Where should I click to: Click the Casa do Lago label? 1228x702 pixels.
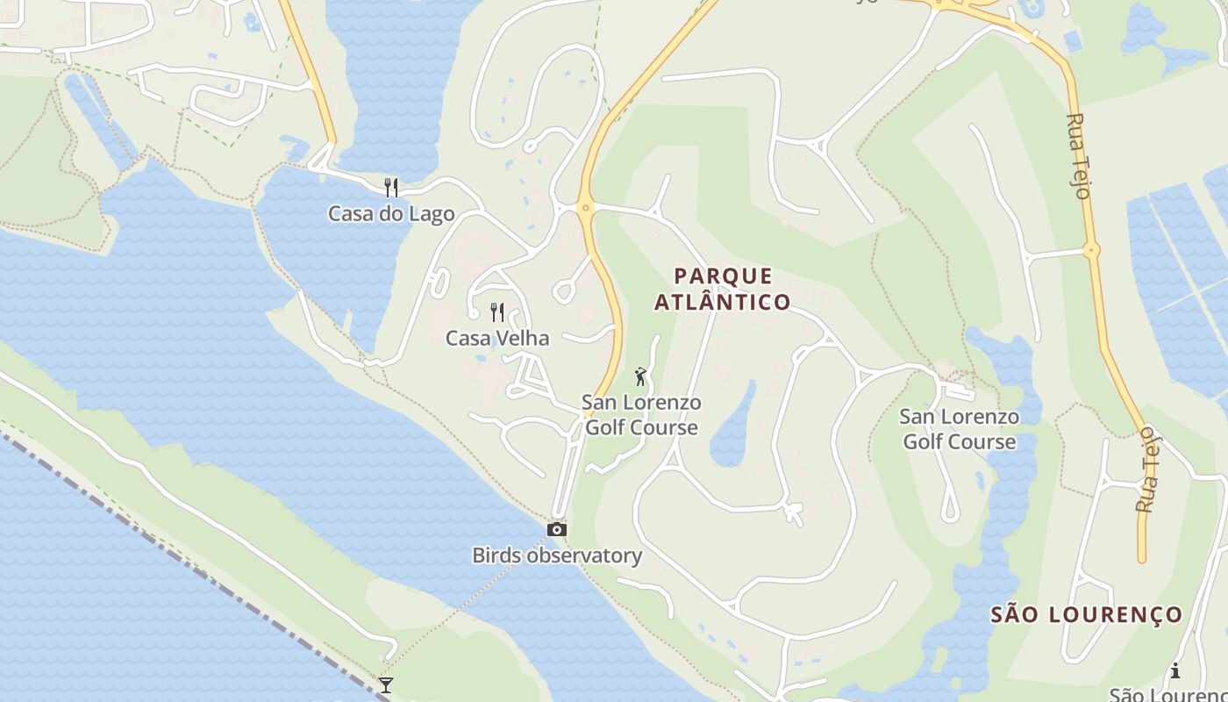point(391,213)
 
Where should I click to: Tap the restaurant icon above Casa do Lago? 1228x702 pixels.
point(391,187)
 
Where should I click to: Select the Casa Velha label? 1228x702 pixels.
point(497,338)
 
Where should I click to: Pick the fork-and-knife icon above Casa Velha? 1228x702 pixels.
point(497,312)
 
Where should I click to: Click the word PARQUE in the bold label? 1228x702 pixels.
point(724,276)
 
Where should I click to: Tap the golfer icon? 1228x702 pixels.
point(641,376)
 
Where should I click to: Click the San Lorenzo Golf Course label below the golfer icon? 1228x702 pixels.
point(642,415)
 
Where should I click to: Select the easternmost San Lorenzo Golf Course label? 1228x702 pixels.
point(960,429)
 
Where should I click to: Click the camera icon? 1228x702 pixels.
point(556,529)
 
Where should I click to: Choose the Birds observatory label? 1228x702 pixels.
point(557,555)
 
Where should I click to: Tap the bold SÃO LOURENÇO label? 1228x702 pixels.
point(1087,614)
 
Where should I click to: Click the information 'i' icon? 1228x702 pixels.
point(1175,671)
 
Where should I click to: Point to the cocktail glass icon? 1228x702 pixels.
point(385,684)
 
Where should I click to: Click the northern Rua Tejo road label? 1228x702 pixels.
point(1080,155)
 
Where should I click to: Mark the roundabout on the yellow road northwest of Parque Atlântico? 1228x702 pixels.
point(586,208)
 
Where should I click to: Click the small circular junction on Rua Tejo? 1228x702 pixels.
point(1091,250)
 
